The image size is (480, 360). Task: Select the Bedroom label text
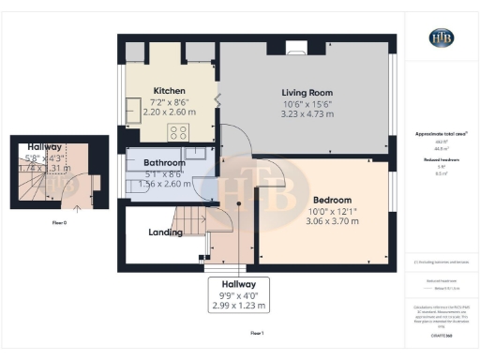tap(332, 200)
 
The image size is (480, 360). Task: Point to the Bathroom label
tap(164, 163)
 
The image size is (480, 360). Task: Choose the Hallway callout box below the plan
tap(238, 294)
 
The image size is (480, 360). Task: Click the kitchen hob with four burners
tap(176, 131)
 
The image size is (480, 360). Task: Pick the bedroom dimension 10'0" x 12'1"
tap(332, 211)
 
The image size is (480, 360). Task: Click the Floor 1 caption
tap(257, 333)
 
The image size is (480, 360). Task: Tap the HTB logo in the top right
tap(441, 38)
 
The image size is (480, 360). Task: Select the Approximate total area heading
tap(441, 134)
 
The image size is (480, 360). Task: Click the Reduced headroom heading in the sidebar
tap(441, 160)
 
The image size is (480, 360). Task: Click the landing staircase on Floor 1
tap(191, 224)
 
